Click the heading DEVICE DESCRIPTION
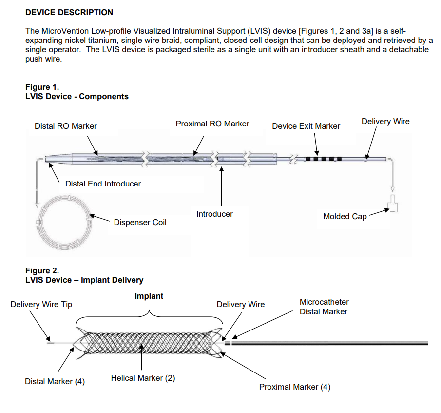69,12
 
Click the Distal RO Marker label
66,126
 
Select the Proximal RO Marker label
212,124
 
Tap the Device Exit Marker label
306,126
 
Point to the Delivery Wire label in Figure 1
385,121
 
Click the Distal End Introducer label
103,184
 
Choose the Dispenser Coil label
140,222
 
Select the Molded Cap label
345,216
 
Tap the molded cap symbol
393,204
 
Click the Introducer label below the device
214,214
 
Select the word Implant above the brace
149,296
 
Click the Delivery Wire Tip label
41,304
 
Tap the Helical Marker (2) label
143,378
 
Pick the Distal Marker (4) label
55,381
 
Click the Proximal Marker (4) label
295,387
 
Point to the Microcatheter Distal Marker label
324,307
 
